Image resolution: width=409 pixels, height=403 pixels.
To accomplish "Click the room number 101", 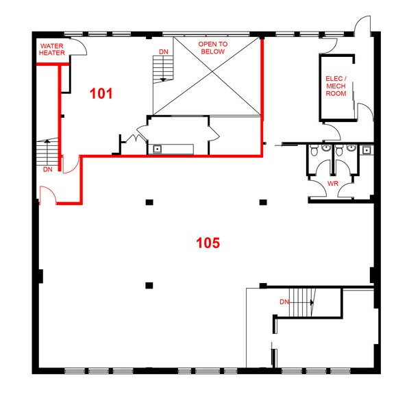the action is (101, 93).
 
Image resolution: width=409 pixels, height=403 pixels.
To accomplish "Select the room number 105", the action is (208, 243).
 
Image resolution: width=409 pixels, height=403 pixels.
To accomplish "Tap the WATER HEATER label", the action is (52, 49).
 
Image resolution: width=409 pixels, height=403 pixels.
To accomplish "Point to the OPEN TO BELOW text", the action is (213, 48).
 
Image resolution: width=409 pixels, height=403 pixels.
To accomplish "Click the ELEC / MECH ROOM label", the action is (336, 86).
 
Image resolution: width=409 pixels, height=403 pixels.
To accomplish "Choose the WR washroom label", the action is (333, 184).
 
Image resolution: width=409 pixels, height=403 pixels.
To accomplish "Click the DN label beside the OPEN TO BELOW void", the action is (164, 52).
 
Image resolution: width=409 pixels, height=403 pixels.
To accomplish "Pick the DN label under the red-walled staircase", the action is (48, 170).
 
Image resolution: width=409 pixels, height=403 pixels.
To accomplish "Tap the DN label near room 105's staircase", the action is (284, 302).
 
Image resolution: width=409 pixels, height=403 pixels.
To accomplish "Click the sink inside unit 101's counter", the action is (158, 149).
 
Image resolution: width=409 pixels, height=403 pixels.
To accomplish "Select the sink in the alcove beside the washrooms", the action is (367, 150).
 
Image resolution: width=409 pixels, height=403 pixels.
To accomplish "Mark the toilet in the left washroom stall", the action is (314, 150).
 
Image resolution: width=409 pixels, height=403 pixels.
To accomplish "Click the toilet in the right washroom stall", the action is (339, 150).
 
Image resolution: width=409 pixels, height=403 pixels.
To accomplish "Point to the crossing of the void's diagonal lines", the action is (212, 71).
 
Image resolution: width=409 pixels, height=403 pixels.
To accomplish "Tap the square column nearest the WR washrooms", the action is (263, 202).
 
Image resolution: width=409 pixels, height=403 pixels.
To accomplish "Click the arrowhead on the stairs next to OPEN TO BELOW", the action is (163, 80).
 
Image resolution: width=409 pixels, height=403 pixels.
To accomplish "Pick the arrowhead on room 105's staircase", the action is (312, 302).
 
